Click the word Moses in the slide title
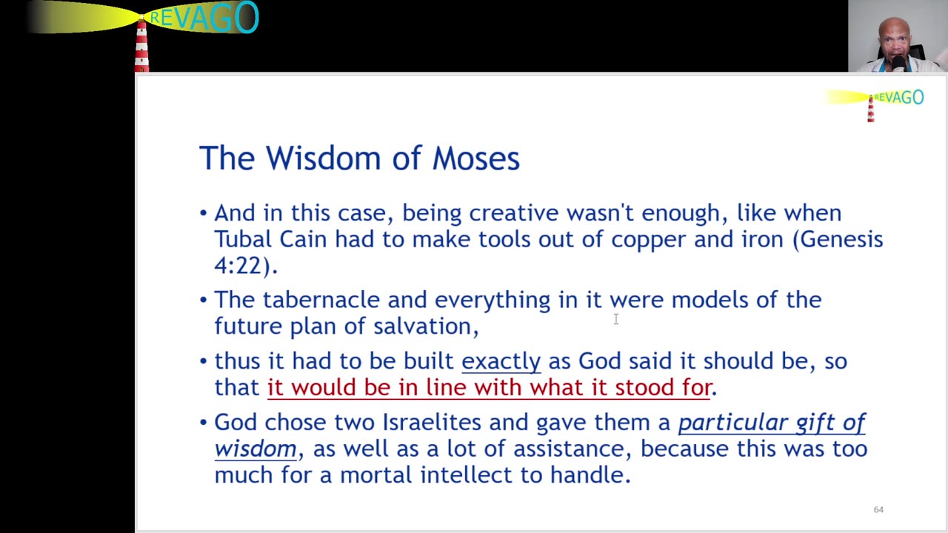[475, 158]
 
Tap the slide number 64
[878, 509]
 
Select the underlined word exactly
[501, 361]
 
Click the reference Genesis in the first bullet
[841, 239]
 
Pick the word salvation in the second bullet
[425, 326]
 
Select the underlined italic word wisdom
[256, 449]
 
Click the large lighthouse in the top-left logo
[141, 44]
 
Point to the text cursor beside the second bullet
[615, 319]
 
